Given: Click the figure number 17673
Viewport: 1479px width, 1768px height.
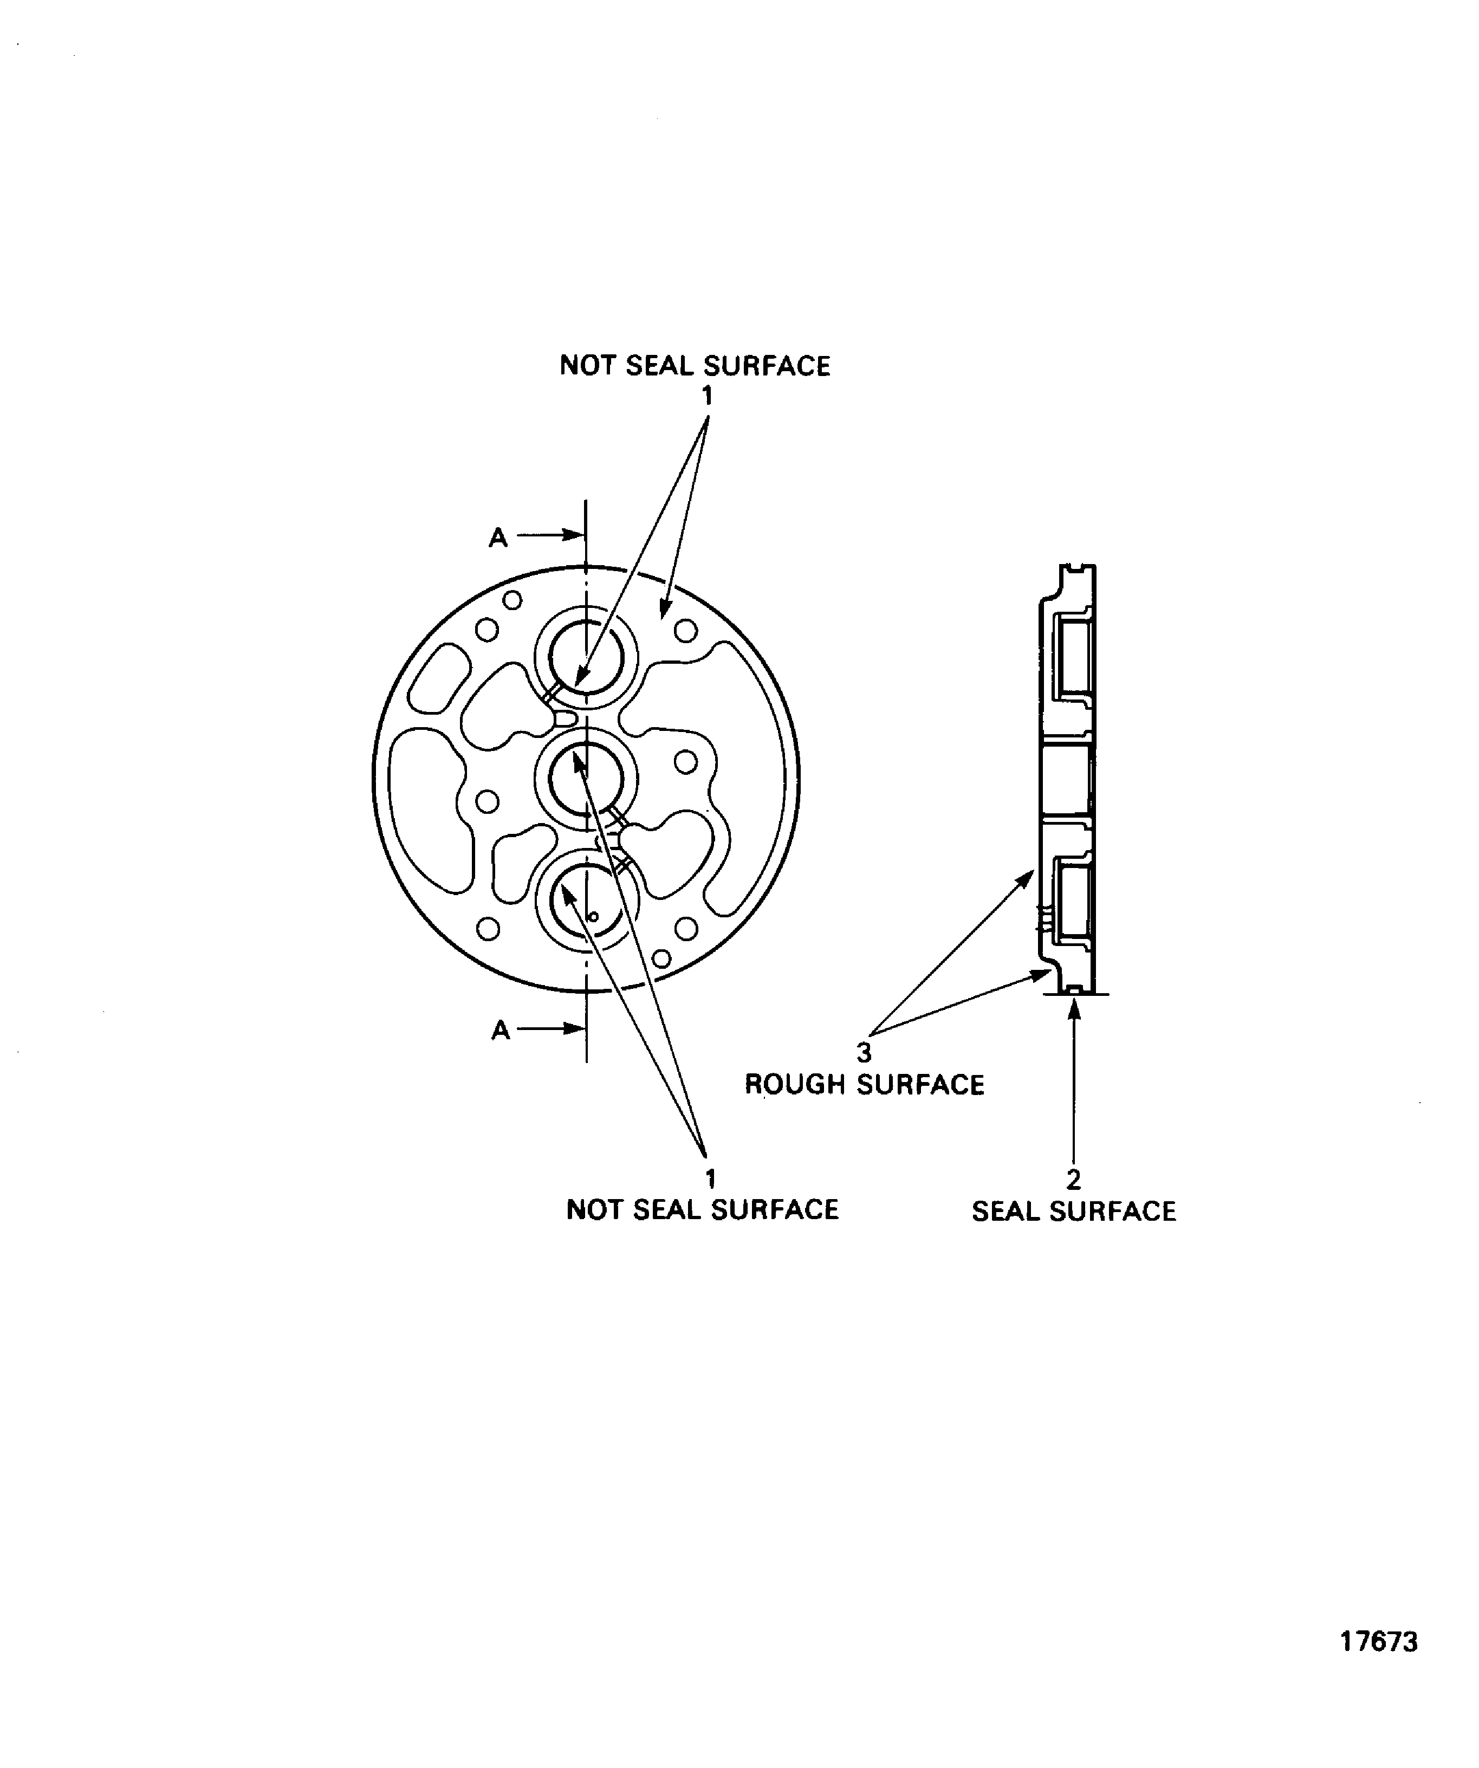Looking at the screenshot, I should tap(1378, 1665).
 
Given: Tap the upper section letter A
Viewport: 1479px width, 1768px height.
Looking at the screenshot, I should tap(498, 537).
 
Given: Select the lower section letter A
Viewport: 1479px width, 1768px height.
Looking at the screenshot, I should tap(501, 1029).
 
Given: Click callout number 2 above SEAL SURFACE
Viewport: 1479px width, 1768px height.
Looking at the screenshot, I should tap(1073, 1180).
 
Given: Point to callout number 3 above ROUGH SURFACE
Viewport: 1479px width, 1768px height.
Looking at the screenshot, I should tap(864, 1052).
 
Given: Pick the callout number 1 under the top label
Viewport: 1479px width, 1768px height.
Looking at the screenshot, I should tap(707, 395).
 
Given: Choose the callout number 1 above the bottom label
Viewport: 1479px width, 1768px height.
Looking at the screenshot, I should tap(710, 1178).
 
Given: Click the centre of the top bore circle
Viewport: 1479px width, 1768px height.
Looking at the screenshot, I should tap(587, 658).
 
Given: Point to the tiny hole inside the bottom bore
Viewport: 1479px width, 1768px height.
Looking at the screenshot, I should tap(593, 917).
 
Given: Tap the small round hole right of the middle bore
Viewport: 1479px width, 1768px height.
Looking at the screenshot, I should tap(686, 763).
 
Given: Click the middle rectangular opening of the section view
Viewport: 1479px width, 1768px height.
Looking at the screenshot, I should tap(1067, 780).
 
